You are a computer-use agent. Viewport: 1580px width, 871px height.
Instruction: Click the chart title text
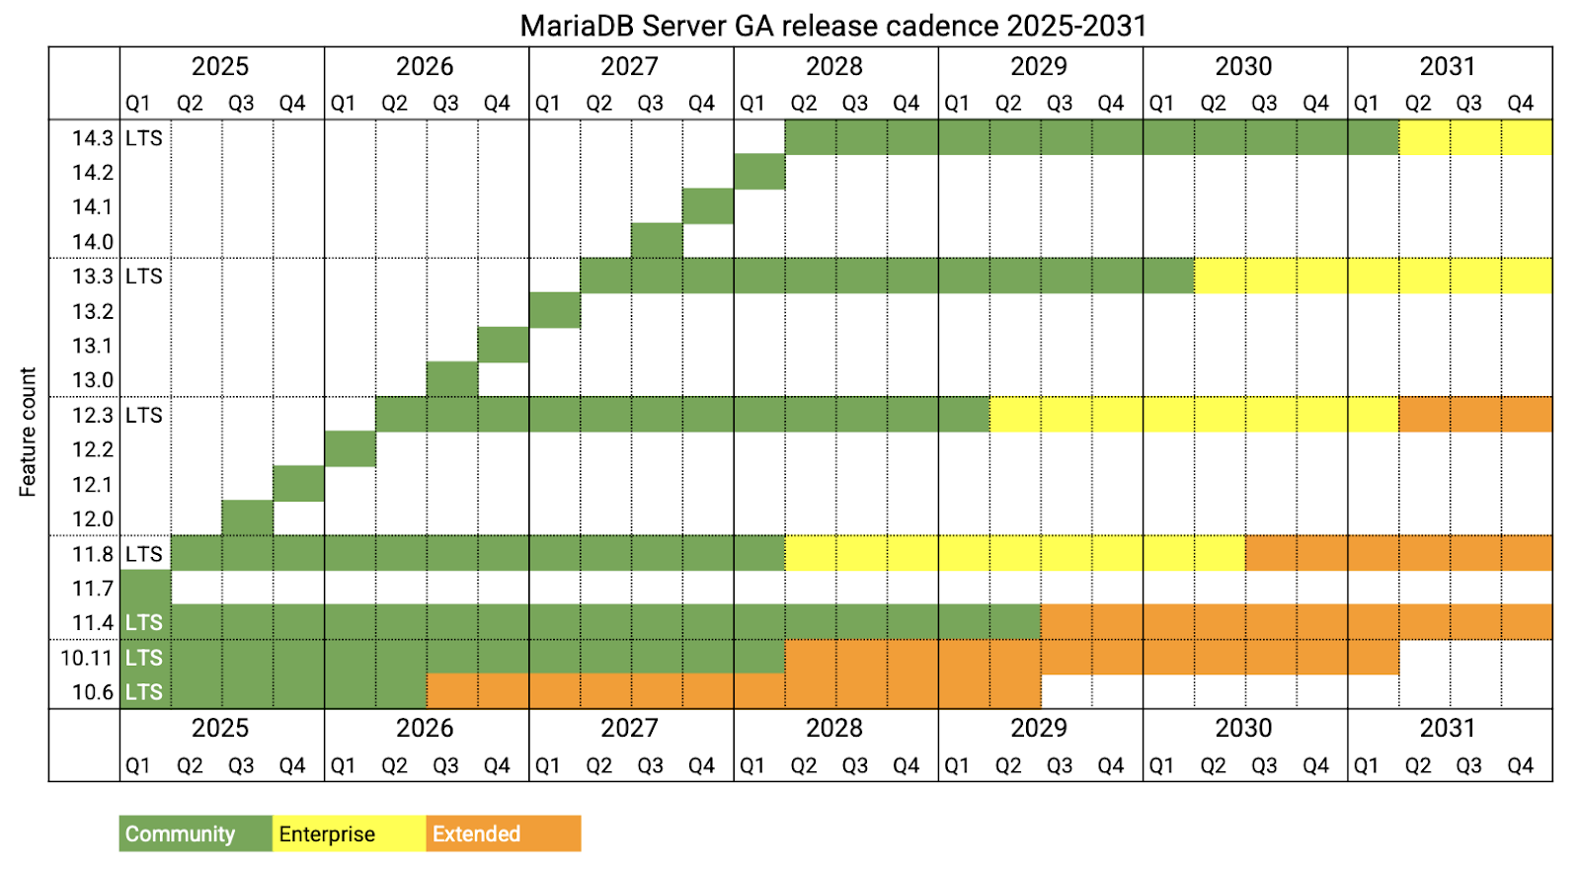tap(832, 25)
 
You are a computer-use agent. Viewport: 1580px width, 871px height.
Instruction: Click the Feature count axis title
tap(28, 432)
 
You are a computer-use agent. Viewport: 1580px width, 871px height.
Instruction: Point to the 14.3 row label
tap(92, 138)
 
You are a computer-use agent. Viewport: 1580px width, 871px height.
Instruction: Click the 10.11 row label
tap(87, 658)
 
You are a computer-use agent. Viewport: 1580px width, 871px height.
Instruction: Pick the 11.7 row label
tap(92, 589)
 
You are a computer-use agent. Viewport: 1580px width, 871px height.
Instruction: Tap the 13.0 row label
tap(92, 380)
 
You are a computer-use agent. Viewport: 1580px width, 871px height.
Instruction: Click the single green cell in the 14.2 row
tap(759, 172)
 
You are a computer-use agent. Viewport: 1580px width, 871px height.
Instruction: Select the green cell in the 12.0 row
tap(248, 517)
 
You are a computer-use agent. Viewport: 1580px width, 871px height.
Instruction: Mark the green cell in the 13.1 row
tap(504, 345)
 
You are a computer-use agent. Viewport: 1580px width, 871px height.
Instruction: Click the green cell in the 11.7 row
tap(145, 588)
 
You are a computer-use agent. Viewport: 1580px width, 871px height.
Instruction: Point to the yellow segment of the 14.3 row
tap(1475, 138)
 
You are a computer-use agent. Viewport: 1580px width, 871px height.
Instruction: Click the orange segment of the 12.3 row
tap(1475, 415)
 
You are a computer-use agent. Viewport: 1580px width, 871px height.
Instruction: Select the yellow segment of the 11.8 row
tap(1015, 553)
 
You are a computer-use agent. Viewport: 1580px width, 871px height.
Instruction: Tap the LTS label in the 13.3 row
tap(144, 277)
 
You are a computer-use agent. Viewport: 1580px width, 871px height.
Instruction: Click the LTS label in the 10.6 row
tap(144, 692)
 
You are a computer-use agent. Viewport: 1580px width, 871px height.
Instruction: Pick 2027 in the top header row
tap(629, 66)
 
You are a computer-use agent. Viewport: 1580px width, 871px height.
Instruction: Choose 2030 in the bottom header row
tap(1243, 728)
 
